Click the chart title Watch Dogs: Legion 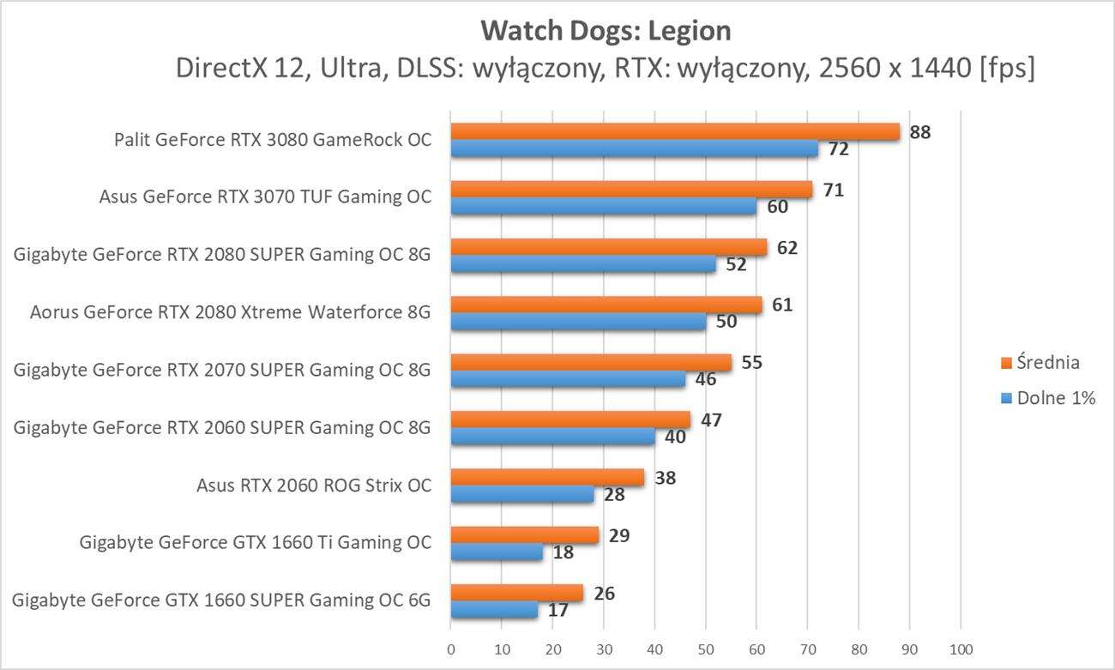click(x=606, y=31)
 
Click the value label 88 click(x=920, y=132)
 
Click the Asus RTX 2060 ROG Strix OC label click(x=313, y=486)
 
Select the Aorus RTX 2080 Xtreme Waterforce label click(x=230, y=312)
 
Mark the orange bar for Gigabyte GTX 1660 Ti click(x=524, y=535)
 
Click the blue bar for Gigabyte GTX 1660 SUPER click(x=494, y=610)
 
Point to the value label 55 click(x=752, y=362)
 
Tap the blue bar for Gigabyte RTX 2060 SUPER click(x=552, y=437)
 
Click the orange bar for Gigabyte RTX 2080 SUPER click(x=608, y=247)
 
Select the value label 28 click(x=615, y=495)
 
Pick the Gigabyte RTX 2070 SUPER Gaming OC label click(x=222, y=370)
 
